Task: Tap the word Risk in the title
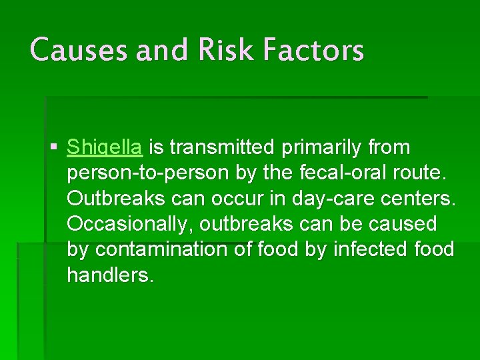coord(211,50)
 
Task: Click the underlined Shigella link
coord(105,147)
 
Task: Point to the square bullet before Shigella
coord(54,147)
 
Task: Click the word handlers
coord(110,275)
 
